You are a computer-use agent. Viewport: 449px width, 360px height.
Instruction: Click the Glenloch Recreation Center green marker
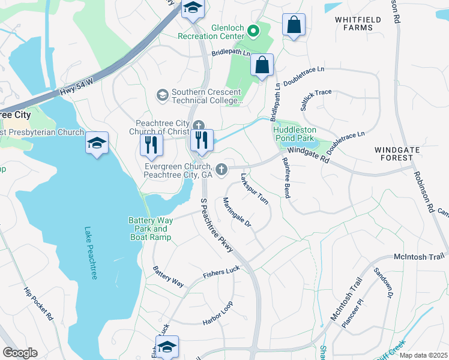point(253,29)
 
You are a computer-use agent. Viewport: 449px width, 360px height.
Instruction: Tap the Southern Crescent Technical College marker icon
point(162,95)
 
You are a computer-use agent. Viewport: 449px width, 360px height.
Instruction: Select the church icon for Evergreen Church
point(221,170)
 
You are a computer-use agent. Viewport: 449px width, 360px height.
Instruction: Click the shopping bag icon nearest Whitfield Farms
point(294,26)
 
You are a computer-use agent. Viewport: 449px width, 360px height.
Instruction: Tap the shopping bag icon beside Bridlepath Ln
point(262,65)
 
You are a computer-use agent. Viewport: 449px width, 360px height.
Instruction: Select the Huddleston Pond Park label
point(294,133)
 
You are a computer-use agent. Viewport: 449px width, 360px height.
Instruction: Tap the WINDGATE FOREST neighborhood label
point(394,154)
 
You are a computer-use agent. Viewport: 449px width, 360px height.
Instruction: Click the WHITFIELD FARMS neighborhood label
point(358,24)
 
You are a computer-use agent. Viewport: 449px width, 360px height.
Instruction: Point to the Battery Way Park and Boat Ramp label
point(151,229)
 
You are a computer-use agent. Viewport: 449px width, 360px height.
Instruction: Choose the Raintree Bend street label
point(286,177)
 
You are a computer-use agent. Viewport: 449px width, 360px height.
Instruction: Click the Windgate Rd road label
point(309,155)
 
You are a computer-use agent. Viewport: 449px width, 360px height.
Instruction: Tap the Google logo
point(20,353)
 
